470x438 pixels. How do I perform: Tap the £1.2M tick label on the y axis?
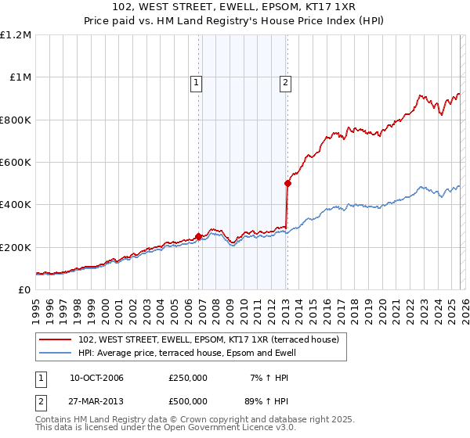point(16,35)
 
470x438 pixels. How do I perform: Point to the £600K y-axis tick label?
point(16,163)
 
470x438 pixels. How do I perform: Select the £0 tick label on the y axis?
point(23,289)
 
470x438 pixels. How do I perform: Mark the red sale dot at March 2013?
point(287,184)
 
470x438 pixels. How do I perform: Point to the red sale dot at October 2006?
point(198,236)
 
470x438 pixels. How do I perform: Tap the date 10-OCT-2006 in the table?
point(96,379)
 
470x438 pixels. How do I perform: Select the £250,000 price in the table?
point(188,379)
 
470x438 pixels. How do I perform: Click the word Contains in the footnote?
point(55,421)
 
